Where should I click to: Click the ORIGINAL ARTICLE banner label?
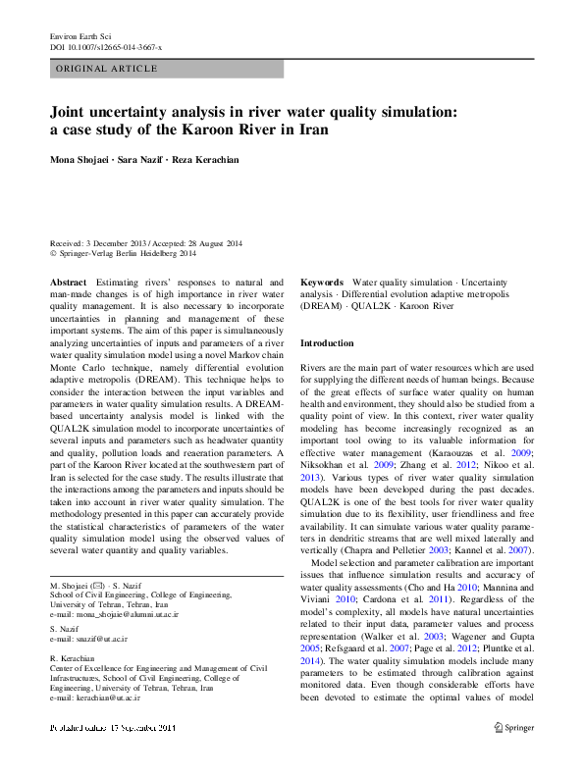[107, 69]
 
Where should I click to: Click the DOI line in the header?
[106, 47]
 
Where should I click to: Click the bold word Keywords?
[322, 282]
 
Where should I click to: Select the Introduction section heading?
[327, 343]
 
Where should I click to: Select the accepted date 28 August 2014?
[214, 243]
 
